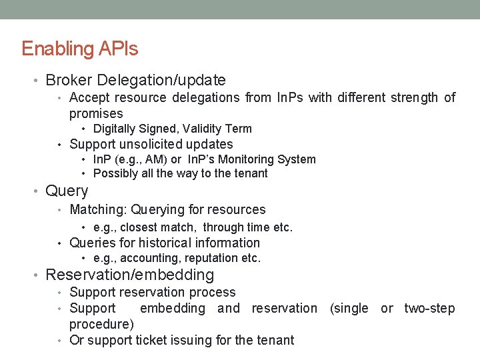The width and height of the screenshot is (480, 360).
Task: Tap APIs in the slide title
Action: (x=118, y=49)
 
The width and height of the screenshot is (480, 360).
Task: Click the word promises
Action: (x=96, y=113)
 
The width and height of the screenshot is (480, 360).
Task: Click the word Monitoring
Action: (x=253, y=159)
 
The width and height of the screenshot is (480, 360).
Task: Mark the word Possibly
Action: (x=115, y=173)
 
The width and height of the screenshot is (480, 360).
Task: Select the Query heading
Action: (x=67, y=191)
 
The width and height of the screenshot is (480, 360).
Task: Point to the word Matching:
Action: (x=98, y=210)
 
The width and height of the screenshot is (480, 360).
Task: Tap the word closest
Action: (x=139, y=227)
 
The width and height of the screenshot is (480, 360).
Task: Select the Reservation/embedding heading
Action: (x=129, y=275)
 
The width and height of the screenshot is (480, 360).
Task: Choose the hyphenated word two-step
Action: (x=429, y=308)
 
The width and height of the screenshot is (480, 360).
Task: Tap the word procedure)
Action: (x=101, y=324)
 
